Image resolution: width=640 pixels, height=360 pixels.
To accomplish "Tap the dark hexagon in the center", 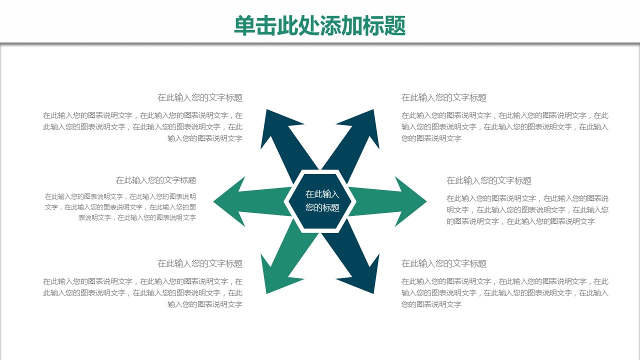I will pos(320,201).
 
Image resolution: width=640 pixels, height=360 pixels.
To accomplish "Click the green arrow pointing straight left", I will pos(240,201).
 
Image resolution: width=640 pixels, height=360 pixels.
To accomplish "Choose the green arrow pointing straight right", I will pos(400,201).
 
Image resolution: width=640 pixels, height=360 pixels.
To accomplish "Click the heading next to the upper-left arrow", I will pos(200,97).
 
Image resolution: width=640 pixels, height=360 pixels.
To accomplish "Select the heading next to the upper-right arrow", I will pos(444,97).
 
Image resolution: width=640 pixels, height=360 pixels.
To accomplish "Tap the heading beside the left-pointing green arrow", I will pos(156,180).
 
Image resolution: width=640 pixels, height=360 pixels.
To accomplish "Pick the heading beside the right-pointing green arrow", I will pos(489,180).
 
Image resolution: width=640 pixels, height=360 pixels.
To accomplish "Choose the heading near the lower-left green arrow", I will pos(200,263).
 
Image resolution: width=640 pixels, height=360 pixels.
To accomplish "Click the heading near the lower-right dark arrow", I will pos(444,263).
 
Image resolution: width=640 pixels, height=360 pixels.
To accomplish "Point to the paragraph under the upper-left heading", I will pos(143,126).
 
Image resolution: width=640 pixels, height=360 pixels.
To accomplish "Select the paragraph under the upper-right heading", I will pos(505,126).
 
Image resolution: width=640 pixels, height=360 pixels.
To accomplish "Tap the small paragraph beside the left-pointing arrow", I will pos(120,207).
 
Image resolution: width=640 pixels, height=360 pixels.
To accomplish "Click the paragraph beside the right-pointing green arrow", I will pos(527,209).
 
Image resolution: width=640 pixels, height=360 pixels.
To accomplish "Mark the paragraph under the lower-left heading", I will pos(143,292).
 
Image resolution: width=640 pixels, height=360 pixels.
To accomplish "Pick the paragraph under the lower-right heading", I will pos(505,292).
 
